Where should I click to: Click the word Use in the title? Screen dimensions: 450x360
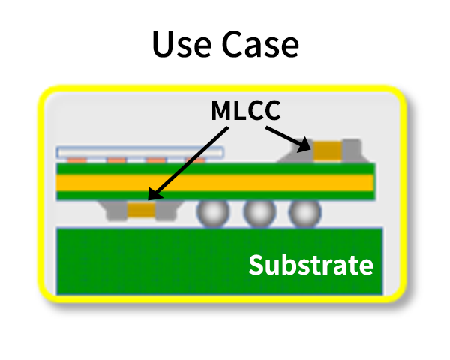click(x=182, y=44)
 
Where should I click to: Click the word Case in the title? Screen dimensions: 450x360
click(x=260, y=44)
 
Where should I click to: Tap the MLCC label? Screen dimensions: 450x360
click(x=246, y=110)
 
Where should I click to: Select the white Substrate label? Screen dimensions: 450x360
click(x=310, y=265)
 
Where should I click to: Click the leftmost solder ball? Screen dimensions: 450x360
click(x=213, y=213)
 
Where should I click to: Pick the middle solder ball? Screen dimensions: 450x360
click(x=259, y=213)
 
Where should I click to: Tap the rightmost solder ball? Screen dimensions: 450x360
click(x=304, y=213)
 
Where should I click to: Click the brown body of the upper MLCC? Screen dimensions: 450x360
click(x=328, y=151)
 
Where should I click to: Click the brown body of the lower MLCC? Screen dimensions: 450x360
click(x=142, y=210)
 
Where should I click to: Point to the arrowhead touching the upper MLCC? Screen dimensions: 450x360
click(x=304, y=145)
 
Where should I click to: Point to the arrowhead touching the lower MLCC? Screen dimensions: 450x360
click(x=155, y=193)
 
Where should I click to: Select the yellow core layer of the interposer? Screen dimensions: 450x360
click(x=215, y=183)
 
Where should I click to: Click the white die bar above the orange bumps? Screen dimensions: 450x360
click(x=140, y=152)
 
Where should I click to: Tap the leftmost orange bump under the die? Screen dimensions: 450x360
click(x=76, y=160)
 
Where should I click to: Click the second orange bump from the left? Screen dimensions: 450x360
click(x=116, y=160)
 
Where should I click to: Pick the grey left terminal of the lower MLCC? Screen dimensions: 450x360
click(x=116, y=211)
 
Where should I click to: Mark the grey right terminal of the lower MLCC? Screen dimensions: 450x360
click(x=167, y=211)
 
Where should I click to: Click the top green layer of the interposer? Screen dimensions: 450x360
click(x=215, y=169)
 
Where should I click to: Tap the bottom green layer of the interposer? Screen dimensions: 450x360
click(x=215, y=196)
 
